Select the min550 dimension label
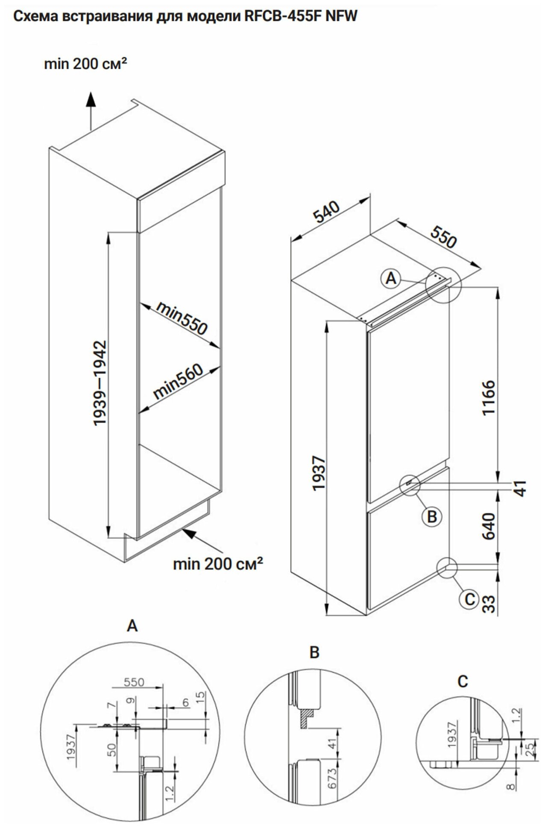[182, 318]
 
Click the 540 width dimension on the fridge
[327, 212]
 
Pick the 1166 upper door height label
[488, 397]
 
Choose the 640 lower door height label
[488, 526]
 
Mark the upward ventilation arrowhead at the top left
[90, 99]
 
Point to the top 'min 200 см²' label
[85, 64]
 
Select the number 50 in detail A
[111, 749]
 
